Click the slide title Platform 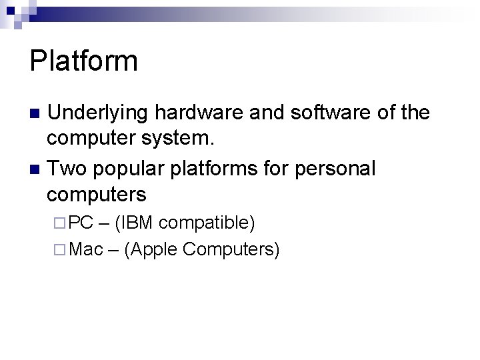[x=84, y=61]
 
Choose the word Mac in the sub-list [x=86, y=249]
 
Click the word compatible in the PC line [x=207, y=223]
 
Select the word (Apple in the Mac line [x=151, y=250]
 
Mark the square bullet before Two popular [x=36, y=169]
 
